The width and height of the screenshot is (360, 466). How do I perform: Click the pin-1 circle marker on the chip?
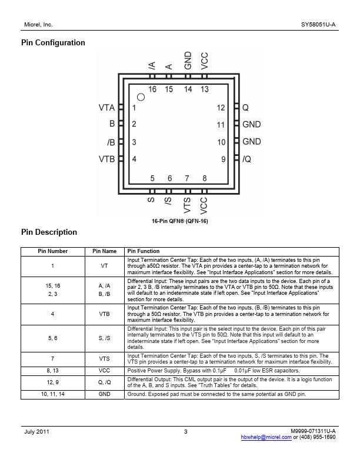coord(141,97)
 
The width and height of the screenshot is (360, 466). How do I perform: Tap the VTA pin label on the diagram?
coord(106,108)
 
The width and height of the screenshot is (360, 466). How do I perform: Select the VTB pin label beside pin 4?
coord(106,159)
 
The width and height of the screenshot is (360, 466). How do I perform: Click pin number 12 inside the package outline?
coord(221,108)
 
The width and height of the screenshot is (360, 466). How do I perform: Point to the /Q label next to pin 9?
coord(247,159)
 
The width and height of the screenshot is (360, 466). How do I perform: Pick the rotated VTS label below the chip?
coord(187,205)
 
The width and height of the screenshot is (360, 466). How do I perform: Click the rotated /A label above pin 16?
coord(152,66)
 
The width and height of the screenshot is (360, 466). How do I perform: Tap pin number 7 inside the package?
coord(187,178)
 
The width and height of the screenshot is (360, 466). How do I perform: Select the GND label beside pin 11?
coord(252,125)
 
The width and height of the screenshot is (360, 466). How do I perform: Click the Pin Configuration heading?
coord(53,43)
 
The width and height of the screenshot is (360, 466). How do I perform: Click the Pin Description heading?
coord(49,232)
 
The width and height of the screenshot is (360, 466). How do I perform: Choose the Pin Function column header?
coord(144,251)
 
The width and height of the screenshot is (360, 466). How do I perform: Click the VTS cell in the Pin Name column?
coord(104,359)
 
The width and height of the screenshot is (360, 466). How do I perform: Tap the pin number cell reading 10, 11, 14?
coord(53,394)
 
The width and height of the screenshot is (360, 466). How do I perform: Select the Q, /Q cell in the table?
coord(104,382)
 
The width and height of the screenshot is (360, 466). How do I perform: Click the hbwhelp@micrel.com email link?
coord(266,437)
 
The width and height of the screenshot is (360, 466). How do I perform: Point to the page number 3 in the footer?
coord(186,432)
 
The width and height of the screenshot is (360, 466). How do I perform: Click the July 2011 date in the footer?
coord(36,432)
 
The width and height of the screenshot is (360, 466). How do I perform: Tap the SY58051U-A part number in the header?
coord(318,25)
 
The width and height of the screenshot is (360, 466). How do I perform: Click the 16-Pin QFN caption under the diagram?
coord(180,221)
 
